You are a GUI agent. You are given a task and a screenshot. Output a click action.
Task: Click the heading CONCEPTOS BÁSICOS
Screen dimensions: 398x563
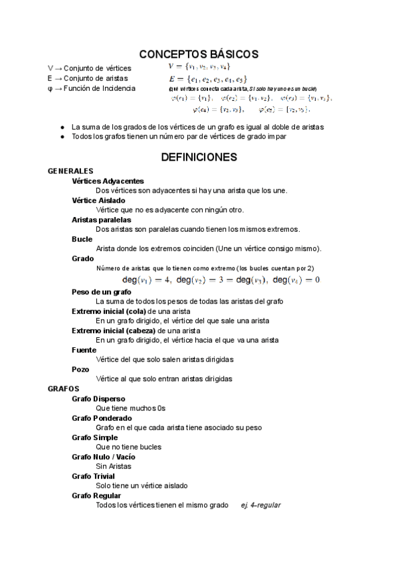click(x=199, y=54)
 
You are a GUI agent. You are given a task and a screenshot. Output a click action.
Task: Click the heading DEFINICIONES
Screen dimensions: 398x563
click(x=199, y=157)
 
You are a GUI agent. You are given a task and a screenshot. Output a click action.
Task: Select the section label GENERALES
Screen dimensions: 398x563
click(x=70, y=171)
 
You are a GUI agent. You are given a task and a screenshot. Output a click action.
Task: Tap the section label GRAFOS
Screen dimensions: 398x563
click(x=64, y=388)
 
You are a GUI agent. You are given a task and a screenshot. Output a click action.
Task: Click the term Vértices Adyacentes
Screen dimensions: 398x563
click(x=108, y=181)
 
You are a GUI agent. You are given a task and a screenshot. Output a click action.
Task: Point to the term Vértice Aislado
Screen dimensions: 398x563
click(x=98, y=200)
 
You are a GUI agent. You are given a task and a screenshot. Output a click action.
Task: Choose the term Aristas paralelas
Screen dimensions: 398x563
click(x=101, y=219)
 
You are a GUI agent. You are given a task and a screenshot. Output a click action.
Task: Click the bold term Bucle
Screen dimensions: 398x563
click(x=82, y=238)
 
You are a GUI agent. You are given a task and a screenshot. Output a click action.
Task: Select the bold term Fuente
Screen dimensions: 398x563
click(x=83, y=349)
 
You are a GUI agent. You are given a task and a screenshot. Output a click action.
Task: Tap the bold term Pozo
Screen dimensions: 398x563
click(x=80, y=368)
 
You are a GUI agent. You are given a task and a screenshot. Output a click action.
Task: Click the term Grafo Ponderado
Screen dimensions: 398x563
click(x=102, y=418)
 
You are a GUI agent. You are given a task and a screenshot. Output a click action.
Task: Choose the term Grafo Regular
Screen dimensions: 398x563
click(x=96, y=495)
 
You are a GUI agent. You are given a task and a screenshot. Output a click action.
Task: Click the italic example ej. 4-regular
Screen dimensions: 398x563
click(x=260, y=505)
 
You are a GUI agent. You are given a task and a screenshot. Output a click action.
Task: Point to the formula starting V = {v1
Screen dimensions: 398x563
click(x=199, y=66)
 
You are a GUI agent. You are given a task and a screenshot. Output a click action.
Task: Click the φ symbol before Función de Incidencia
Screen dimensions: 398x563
click(x=50, y=88)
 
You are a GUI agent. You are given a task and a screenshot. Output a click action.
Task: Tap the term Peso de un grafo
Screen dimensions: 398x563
click(x=102, y=291)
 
